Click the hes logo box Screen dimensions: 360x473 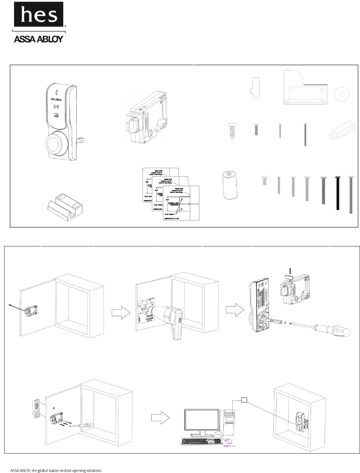[38, 14]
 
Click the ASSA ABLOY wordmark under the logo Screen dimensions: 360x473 [38, 39]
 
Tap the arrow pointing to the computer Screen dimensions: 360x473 [160, 419]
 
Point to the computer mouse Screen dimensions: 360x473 [229, 441]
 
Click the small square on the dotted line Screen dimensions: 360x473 [244, 400]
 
